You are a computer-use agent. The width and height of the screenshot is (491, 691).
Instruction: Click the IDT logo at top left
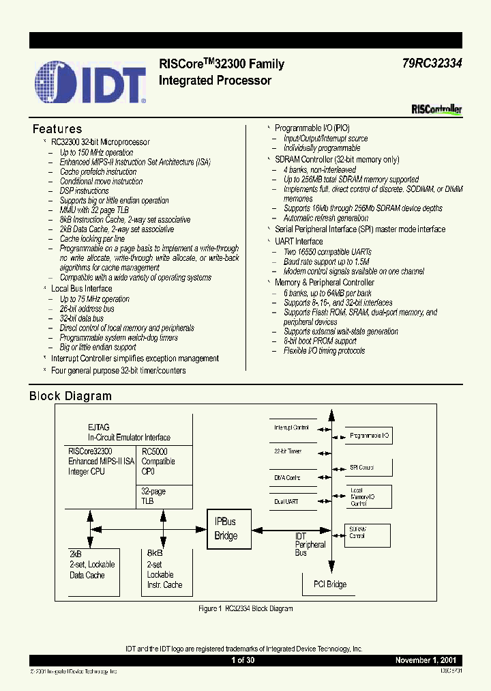pos(90,82)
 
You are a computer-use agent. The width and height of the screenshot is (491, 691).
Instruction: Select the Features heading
pos(57,129)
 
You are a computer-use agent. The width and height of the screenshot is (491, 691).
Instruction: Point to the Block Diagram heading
pos(70,396)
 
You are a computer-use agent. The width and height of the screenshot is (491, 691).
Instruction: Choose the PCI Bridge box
pos(329,584)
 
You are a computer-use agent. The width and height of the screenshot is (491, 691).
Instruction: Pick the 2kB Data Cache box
pos(93,569)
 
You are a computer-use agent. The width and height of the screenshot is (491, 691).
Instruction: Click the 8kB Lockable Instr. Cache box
pos(167,569)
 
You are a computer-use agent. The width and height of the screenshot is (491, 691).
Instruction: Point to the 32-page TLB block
pos(164,496)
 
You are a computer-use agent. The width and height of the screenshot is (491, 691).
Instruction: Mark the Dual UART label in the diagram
pos(286,502)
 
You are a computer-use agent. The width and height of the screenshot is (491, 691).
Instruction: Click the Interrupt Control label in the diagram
pos(291,428)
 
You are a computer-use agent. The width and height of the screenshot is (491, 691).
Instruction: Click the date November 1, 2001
pos(428,660)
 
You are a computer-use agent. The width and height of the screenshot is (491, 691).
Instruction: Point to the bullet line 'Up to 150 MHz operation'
pos(96,153)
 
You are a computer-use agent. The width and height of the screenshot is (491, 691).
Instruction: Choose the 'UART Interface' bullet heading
pos(299,241)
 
